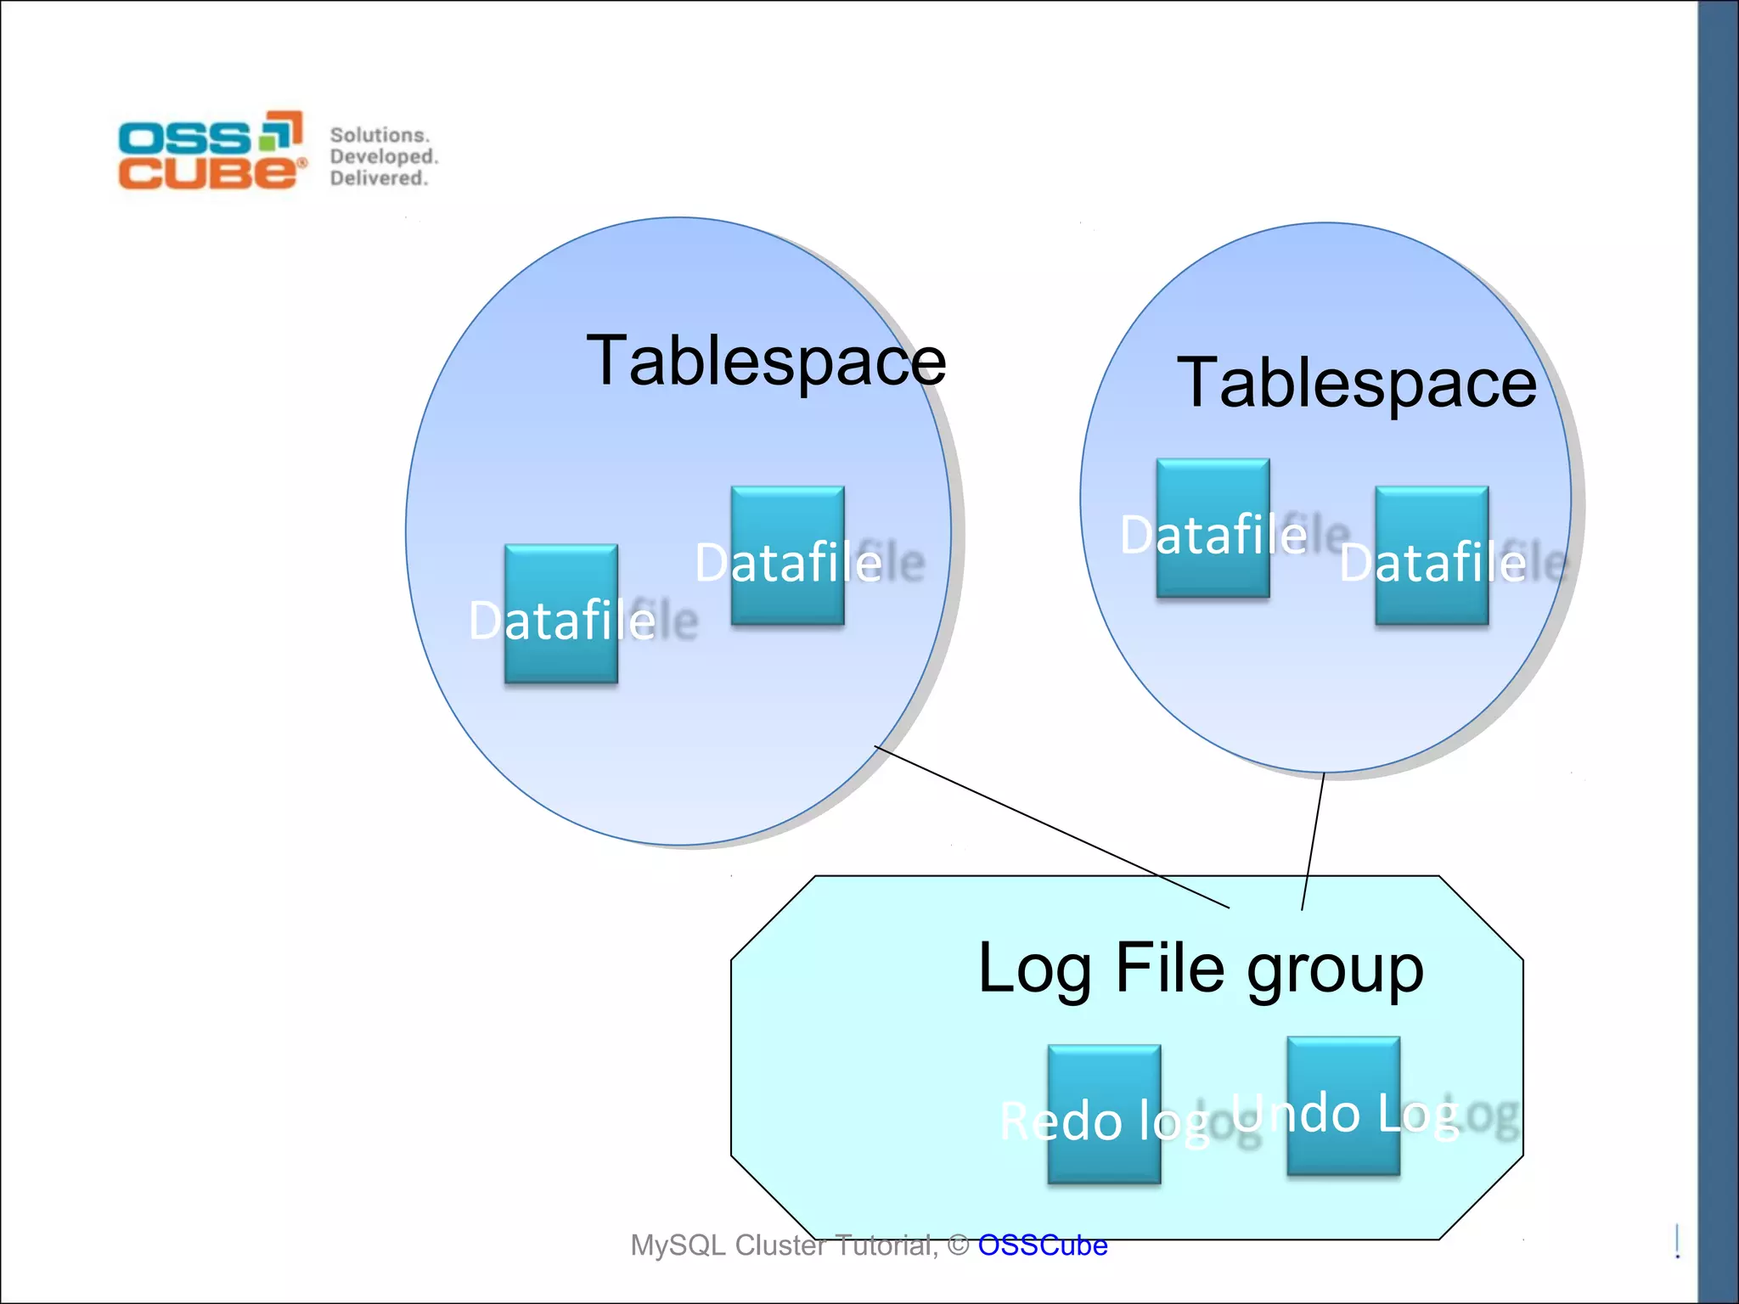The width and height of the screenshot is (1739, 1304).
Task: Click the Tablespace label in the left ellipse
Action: pos(766,362)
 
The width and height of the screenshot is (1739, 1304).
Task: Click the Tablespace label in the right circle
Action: pos(1356,384)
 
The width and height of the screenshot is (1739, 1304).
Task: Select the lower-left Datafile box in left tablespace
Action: pos(560,613)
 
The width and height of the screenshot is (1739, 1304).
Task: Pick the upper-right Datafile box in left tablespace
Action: pos(787,555)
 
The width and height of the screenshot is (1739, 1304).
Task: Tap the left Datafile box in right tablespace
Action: pos(1213,528)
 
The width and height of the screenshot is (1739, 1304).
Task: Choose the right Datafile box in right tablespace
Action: pos(1432,555)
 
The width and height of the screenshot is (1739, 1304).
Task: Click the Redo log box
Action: pos(1104,1114)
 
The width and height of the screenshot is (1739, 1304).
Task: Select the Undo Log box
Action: pos(1343,1105)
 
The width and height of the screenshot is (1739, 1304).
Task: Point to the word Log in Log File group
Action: pos(1034,970)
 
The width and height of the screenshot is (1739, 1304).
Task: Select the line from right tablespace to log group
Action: pos(1313,840)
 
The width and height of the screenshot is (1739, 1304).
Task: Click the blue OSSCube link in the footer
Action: pos(1042,1245)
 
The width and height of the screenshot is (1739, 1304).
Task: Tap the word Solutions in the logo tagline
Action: pos(380,135)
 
